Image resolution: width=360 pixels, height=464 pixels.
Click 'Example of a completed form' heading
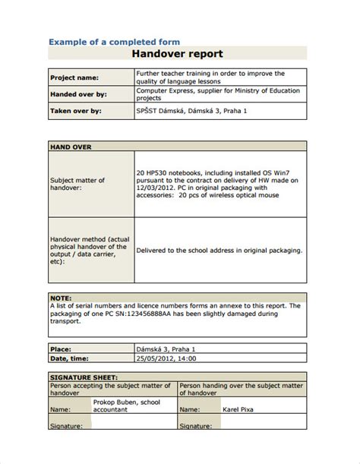point(115,42)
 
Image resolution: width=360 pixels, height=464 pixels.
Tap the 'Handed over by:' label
point(78,94)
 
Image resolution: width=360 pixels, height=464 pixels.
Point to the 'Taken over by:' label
point(76,110)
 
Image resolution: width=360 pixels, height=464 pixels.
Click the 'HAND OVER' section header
point(71,145)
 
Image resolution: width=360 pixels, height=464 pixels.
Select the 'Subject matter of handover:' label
point(77,184)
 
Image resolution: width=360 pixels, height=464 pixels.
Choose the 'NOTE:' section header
point(62,298)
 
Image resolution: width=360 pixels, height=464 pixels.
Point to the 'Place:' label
point(62,347)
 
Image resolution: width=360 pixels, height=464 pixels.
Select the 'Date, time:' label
point(70,357)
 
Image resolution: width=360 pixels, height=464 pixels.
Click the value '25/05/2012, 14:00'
point(166,357)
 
